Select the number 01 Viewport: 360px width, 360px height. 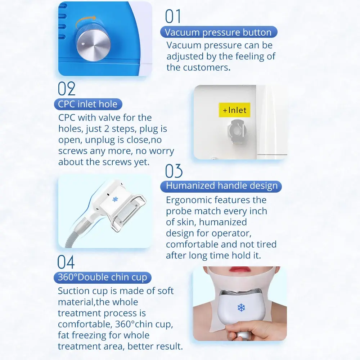point(173,16)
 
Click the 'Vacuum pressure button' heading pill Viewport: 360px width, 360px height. point(219,32)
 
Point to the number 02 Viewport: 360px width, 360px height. point(66,89)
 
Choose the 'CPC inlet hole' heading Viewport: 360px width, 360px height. point(88,104)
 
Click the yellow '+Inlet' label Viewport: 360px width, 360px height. point(234,110)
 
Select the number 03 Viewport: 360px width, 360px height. point(174,171)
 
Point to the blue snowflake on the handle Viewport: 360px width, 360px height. point(115,199)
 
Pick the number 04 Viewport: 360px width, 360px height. point(66,262)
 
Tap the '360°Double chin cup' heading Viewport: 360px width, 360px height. point(102,277)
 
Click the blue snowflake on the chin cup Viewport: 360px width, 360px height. point(241,307)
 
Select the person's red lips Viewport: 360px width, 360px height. point(239,269)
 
